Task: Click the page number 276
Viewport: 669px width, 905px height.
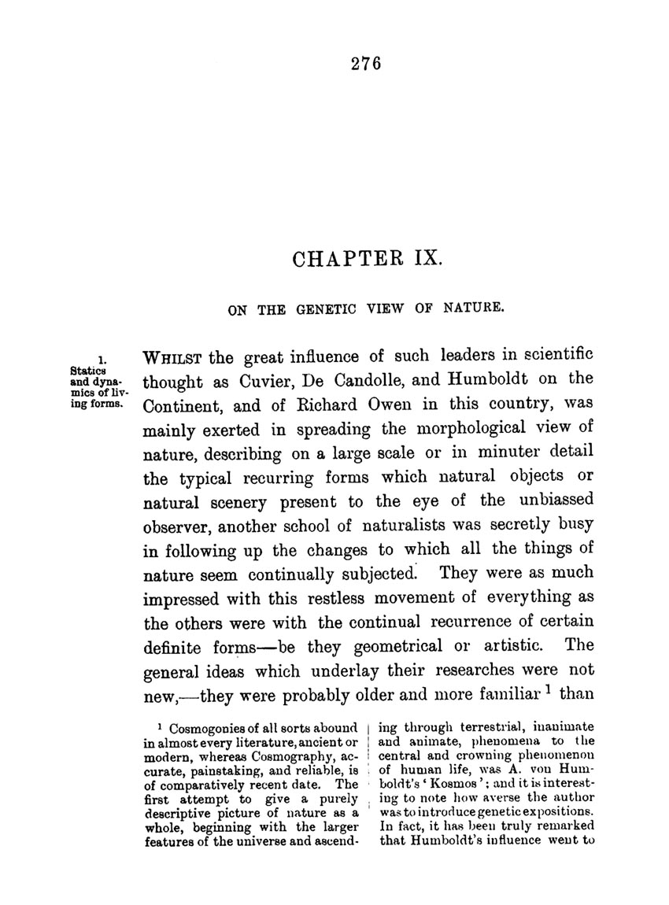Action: click(x=367, y=65)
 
